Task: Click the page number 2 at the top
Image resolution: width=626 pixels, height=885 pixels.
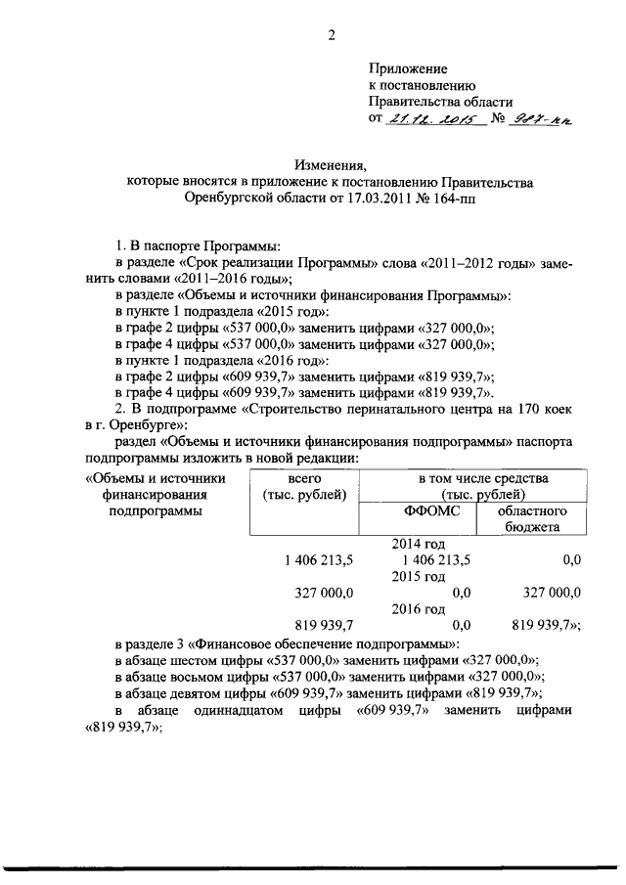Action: (332, 37)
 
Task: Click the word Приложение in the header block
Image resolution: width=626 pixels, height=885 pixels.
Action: (407, 68)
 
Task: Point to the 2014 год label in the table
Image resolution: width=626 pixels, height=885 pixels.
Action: (419, 544)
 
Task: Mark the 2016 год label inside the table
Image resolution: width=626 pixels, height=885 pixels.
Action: (419, 608)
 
